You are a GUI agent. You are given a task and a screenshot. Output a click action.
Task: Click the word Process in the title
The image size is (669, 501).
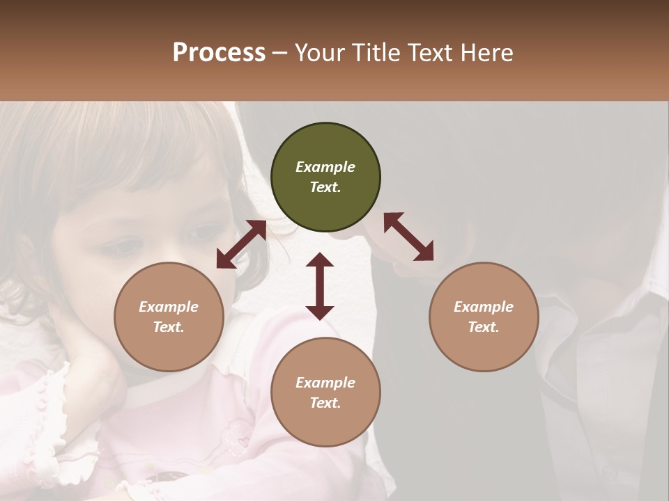(219, 53)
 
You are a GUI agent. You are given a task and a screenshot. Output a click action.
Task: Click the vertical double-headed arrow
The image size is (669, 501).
(320, 286)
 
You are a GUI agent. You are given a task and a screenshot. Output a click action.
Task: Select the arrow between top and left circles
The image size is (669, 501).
(241, 244)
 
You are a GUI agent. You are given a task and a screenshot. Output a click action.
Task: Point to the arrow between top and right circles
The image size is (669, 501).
(408, 237)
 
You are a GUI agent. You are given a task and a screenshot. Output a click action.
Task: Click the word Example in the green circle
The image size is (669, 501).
(325, 167)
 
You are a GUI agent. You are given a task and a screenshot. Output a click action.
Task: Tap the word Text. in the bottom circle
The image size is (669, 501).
(325, 403)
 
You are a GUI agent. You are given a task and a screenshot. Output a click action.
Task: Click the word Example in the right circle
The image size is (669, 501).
(483, 307)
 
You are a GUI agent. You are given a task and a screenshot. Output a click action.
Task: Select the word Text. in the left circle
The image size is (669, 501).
(169, 327)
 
